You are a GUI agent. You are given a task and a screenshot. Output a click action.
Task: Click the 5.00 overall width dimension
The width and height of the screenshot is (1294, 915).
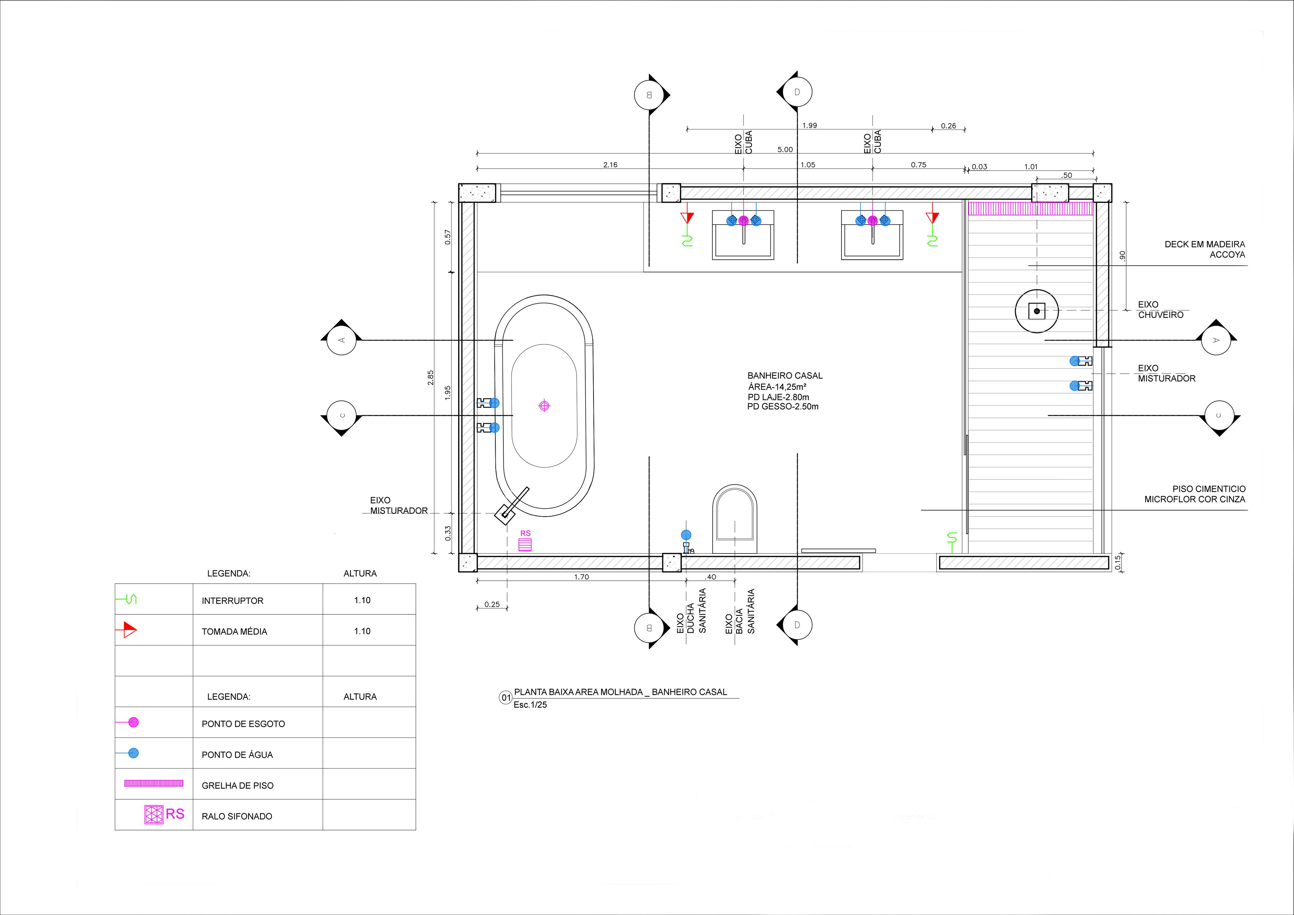pos(785,149)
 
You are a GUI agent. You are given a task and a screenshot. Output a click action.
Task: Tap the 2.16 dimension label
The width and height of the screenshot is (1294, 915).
pos(610,164)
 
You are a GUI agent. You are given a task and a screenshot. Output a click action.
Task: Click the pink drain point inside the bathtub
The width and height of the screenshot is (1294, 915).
pos(544,405)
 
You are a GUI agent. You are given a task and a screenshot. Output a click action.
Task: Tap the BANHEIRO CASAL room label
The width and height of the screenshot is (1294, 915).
pos(785,375)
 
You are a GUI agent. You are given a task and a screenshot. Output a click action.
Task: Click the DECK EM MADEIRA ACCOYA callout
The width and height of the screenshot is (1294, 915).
pos(1205,249)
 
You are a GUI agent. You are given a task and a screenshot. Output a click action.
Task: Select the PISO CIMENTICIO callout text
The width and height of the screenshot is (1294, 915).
pos(1195,494)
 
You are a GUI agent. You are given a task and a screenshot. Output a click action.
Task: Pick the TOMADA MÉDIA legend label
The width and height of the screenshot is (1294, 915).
pos(235,632)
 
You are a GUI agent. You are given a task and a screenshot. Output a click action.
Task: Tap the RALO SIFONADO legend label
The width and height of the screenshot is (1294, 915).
pos(237,816)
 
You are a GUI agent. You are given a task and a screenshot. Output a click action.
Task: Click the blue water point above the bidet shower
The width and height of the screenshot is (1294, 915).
pos(686,535)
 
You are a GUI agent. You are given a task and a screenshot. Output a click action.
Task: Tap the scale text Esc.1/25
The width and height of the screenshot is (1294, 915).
pos(530,705)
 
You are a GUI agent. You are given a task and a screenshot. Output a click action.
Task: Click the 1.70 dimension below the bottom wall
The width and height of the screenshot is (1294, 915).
pos(581,577)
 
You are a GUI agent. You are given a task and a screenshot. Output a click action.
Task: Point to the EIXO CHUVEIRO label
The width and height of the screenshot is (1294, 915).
pos(1161,309)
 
